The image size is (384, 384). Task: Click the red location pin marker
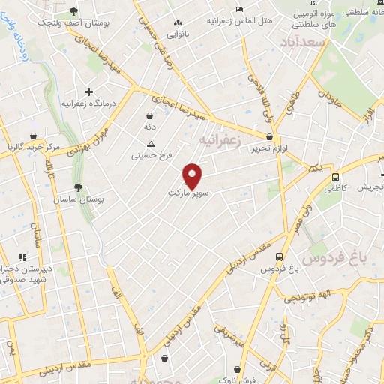tap(193, 175)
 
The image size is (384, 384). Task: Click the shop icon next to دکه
tap(151, 116)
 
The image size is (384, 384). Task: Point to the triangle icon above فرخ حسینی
tap(151, 144)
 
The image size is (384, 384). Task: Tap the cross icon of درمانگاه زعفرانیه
tap(88, 91)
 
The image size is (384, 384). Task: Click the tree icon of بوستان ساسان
tap(80, 188)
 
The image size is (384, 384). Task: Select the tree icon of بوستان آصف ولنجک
tap(73, 11)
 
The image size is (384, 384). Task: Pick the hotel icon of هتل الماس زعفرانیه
tap(239, 8)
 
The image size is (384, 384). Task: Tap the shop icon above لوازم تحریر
tap(270, 136)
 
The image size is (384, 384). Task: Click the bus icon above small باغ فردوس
tap(279, 256)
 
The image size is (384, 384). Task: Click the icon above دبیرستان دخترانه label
tap(22, 257)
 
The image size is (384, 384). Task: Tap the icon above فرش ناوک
tap(239, 369)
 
